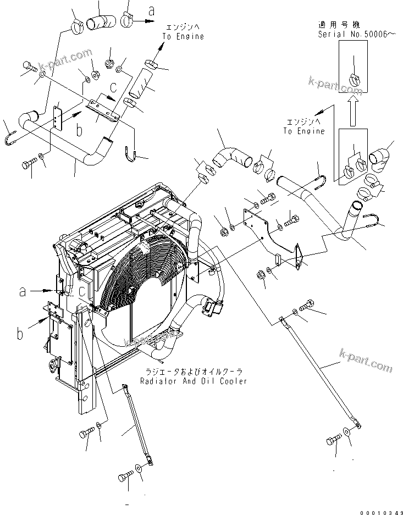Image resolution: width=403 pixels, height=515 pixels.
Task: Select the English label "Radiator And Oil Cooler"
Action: point(193,381)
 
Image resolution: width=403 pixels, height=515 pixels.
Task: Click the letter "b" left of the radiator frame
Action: point(21,333)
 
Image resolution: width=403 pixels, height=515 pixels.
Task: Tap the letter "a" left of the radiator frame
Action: point(22,292)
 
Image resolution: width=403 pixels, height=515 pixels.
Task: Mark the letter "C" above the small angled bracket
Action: point(113,87)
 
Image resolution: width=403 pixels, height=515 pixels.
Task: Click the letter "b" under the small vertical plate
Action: point(79,131)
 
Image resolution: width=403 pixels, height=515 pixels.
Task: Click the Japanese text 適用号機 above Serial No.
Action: point(336,25)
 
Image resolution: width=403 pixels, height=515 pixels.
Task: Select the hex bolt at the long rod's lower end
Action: point(334,440)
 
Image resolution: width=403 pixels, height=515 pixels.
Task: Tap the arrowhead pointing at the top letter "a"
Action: point(150,20)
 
